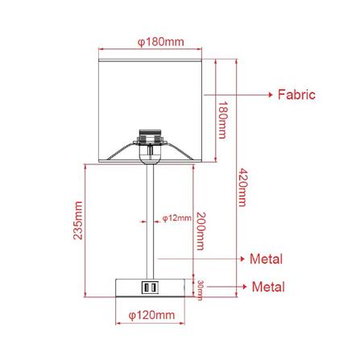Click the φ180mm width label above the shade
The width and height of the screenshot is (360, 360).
pos(161,42)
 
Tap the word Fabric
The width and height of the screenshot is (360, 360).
pos(296,95)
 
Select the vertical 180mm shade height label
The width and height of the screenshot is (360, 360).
pos(222,120)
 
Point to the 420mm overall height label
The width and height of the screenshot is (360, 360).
pos(242,188)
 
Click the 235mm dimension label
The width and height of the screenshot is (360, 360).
pos(78,221)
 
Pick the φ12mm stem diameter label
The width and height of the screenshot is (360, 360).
pos(177,218)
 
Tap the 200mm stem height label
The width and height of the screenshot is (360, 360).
pos(201,231)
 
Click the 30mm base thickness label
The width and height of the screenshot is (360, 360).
pos(200,290)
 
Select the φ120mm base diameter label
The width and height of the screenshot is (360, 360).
pos(151,315)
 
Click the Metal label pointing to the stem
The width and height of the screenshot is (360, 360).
pos(266,259)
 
